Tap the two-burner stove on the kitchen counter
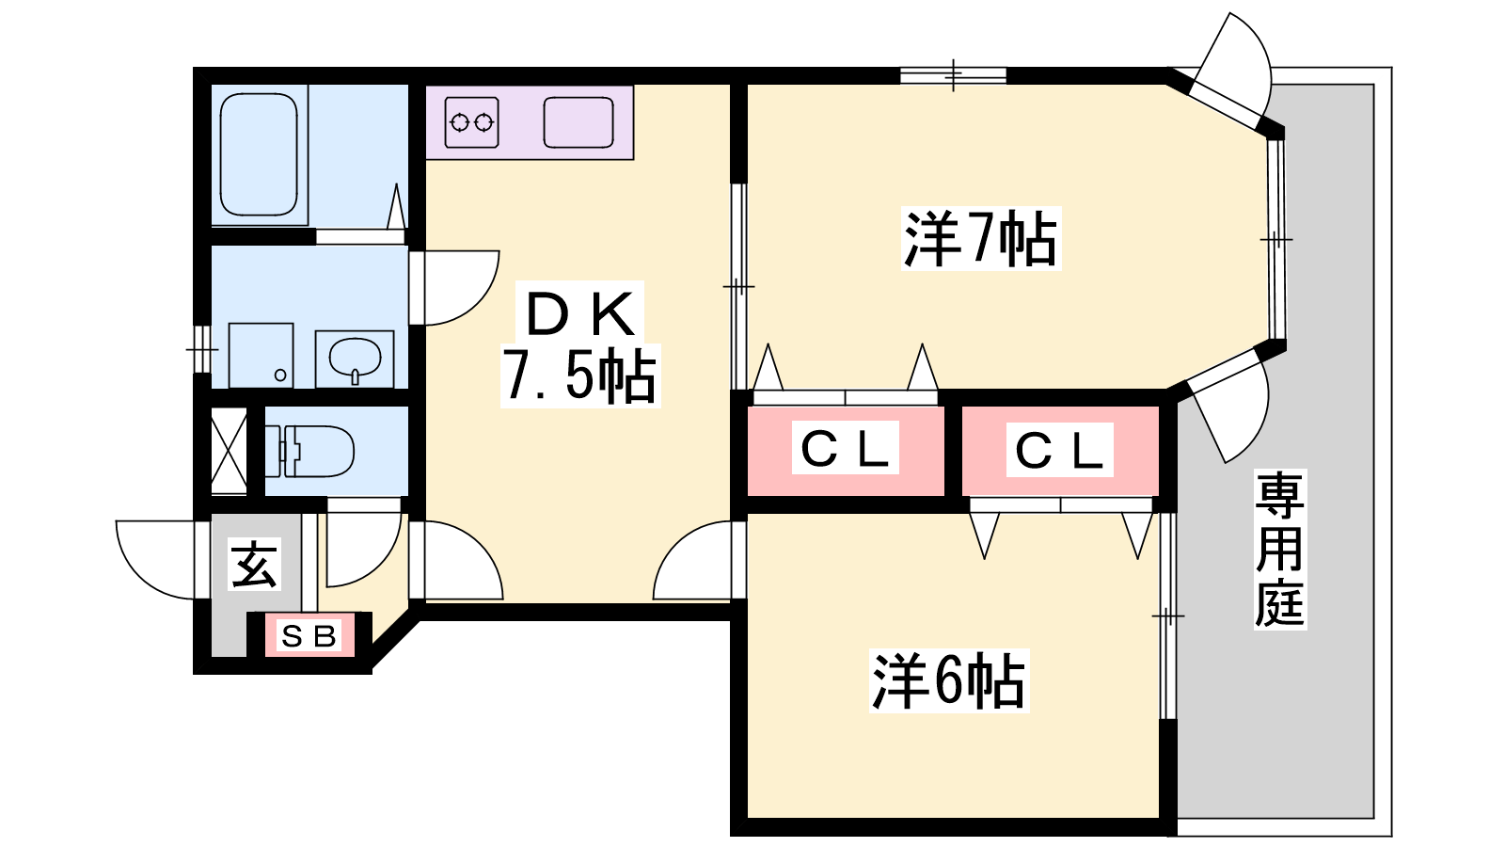click(471, 122)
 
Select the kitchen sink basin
click(578, 122)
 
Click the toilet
click(310, 451)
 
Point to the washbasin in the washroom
click(355, 359)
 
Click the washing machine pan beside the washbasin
click(261, 356)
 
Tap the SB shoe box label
click(309, 635)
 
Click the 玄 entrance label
click(254, 565)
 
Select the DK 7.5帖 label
click(580, 344)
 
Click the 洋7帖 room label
click(981, 239)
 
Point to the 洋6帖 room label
click(949, 681)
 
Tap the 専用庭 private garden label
click(1280, 550)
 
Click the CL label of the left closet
click(846, 448)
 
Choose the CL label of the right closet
click(1059, 450)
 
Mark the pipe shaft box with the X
click(230, 451)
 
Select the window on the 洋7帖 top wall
click(953, 75)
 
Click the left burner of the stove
click(460, 123)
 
